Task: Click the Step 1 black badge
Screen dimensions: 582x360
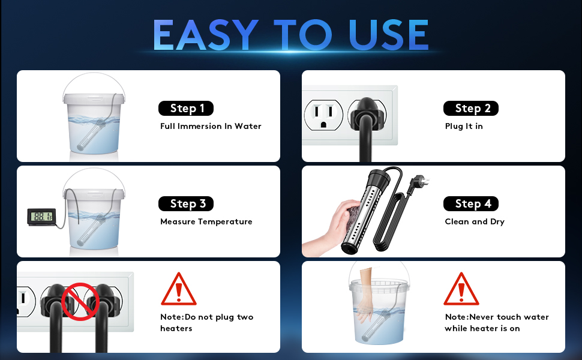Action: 186,109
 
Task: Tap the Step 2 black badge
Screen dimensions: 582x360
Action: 471,109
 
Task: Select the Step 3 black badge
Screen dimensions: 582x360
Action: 186,204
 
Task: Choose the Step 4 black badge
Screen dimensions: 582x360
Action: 471,204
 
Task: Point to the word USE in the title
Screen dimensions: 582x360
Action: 388,35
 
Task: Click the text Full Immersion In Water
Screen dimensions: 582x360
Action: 211,126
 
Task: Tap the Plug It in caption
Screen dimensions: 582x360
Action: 464,126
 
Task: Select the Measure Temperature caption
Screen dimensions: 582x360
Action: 206,221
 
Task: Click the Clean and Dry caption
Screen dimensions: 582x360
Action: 475,221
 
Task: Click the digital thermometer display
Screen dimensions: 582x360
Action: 41,217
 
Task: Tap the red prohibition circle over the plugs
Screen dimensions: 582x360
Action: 80,301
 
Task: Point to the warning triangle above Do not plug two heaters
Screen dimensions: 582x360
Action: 179,289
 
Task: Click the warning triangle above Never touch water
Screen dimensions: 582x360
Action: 461,289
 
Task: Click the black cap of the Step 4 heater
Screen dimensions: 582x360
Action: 379,177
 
